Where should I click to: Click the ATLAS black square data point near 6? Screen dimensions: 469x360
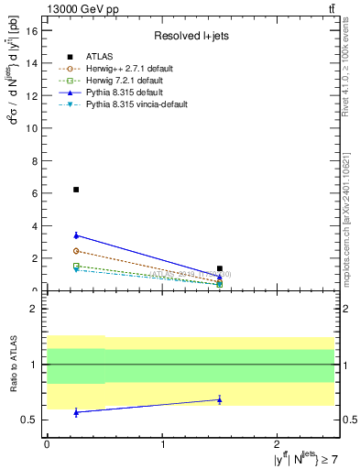76,190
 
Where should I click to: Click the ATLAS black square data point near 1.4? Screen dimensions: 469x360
220,268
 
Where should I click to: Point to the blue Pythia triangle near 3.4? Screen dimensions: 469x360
76,235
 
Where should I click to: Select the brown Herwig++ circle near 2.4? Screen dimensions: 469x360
76,251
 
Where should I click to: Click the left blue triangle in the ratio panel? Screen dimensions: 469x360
76,412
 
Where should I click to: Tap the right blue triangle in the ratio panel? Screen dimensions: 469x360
220,399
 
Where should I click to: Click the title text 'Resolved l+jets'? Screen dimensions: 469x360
191,36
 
